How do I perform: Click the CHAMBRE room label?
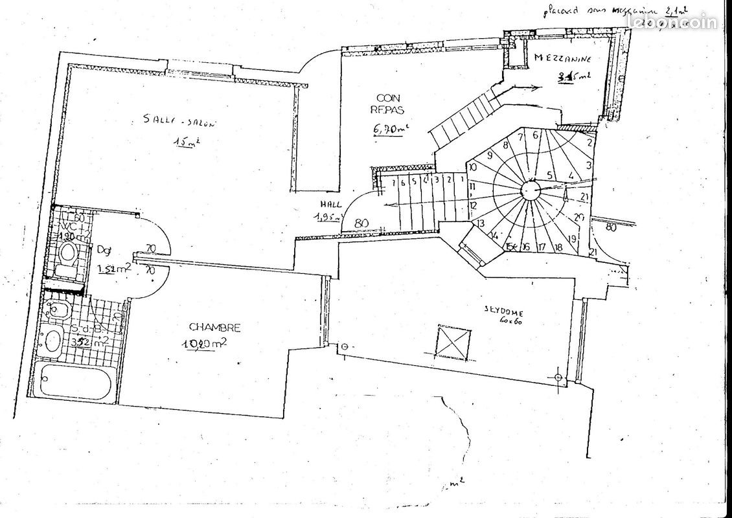pyautogui.click(x=214, y=328)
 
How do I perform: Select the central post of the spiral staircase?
pyautogui.click(x=531, y=188)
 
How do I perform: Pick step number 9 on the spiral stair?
pyautogui.click(x=490, y=155)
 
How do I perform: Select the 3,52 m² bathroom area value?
pyautogui.click(x=82, y=343)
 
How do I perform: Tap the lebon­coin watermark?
pyautogui.click(x=674, y=23)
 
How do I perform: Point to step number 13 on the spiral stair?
pyautogui.click(x=480, y=223)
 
